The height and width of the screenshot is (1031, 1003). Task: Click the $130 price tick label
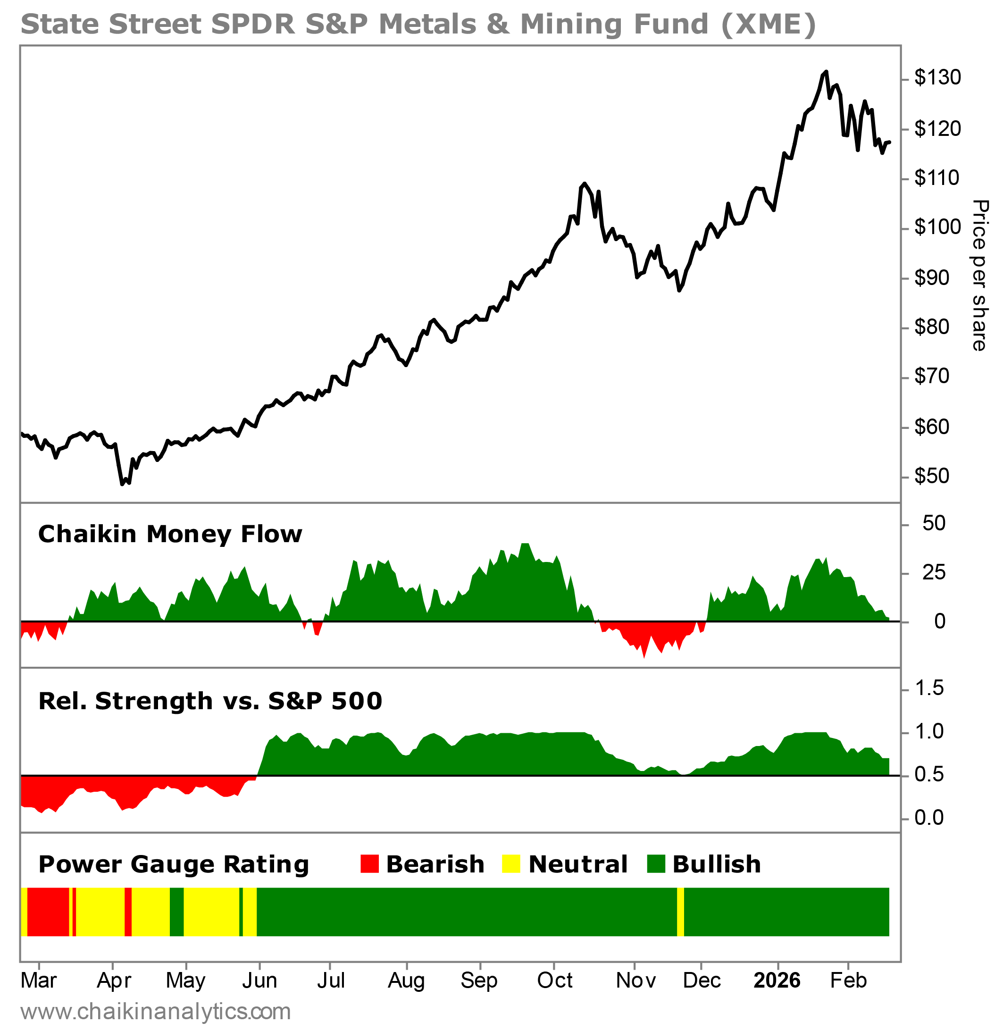[937, 78]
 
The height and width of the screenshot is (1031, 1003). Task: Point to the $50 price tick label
[931, 476]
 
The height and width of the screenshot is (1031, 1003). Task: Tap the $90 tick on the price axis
[931, 277]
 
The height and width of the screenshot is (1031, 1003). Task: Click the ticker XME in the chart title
[768, 24]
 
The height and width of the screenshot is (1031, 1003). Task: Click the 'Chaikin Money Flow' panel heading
[170, 534]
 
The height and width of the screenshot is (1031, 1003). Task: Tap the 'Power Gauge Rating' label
[173, 864]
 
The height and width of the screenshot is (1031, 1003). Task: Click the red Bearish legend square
[370, 864]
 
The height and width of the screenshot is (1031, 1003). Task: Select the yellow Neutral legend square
[511, 864]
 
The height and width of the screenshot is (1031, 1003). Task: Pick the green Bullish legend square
[656, 864]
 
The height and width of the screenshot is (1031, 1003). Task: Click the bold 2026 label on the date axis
[777, 981]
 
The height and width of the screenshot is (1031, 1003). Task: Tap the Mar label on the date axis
[39, 981]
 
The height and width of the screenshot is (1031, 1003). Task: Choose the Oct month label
[555, 981]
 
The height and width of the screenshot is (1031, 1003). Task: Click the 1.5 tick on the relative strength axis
[929, 688]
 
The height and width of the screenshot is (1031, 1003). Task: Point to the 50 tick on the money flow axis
[934, 523]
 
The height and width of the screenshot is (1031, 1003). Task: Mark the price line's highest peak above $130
[826, 72]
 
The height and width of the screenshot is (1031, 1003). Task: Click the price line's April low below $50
[122, 484]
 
